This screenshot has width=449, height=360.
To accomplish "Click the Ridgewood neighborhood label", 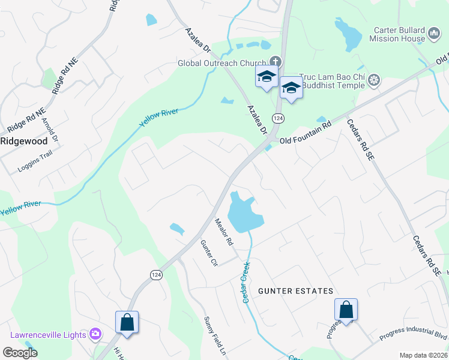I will click(23, 142).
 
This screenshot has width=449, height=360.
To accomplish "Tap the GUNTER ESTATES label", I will click(295, 291).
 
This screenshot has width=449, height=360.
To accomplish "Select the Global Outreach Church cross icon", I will click(276, 62).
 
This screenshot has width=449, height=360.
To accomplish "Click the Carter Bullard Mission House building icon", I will click(435, 35).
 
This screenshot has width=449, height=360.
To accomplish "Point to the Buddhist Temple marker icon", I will click(374, 80).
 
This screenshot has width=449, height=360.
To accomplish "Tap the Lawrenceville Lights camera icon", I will click(95, 334).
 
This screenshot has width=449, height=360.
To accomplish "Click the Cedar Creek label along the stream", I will click(246, 281).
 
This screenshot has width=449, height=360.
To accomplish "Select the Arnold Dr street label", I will click(50, 130).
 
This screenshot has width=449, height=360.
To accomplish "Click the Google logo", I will click(20, 353).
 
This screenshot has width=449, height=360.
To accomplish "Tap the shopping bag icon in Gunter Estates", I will click(346, 310).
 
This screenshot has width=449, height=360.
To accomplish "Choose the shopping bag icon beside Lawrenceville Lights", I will click(127, 322).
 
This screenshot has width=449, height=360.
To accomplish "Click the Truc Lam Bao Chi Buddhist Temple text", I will click(333, 81).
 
